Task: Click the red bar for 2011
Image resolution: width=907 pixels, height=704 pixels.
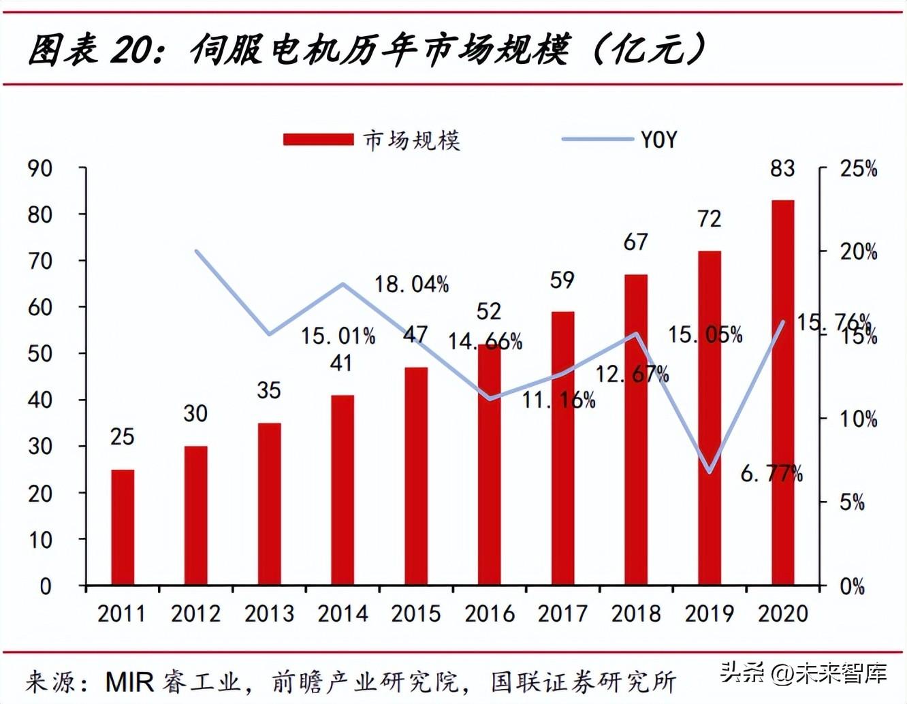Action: pos(123,527)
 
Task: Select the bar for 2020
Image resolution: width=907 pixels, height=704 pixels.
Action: pos(782,392)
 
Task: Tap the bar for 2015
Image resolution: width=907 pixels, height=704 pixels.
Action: pos(416,476)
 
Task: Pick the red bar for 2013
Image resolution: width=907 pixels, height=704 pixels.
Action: pos(269,504)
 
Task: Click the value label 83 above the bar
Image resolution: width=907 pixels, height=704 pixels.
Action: pos(782,168)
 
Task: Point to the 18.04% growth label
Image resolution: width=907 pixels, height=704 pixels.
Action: pos(411,284)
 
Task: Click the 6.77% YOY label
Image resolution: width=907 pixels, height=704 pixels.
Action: pos(771,473)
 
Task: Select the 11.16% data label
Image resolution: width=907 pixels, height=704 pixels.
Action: pos(558,400)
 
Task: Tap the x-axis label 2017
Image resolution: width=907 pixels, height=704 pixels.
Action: pos(562,613)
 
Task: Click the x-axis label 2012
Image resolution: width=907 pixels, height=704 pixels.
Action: pos(195,613)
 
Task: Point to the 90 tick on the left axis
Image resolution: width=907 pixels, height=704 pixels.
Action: pos(40,168)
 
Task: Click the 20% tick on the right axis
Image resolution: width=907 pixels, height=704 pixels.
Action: pos(858,252)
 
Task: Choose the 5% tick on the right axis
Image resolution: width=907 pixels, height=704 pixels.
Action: pos(852,502)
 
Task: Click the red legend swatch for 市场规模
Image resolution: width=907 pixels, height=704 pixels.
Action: pos(318,140)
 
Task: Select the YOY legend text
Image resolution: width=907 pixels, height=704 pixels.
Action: pos(658,140)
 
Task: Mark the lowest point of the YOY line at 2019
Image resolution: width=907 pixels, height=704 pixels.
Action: pos(710,472)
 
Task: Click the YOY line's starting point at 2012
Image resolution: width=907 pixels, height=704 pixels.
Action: pos(196,251)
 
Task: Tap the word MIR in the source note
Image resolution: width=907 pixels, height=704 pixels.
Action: pos(129,682)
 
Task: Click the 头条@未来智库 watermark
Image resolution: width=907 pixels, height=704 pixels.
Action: pos(803,673)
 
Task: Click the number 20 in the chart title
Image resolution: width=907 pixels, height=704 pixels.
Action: pos(130,50)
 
